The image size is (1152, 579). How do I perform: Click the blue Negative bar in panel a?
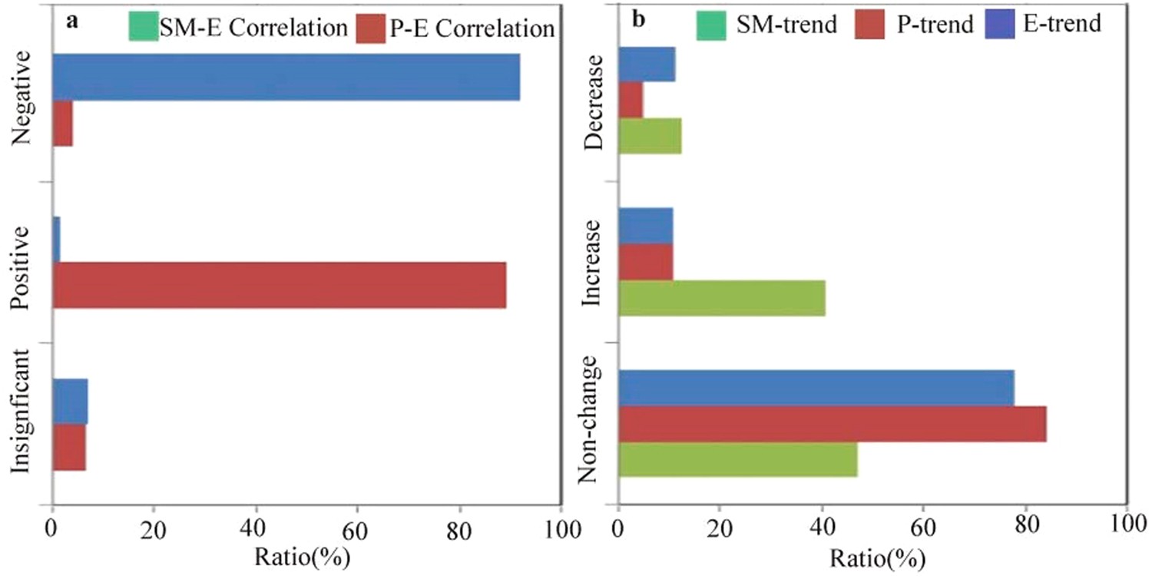(286, 77)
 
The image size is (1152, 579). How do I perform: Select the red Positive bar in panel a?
(279, 285)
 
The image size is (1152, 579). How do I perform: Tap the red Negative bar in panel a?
(62, 123)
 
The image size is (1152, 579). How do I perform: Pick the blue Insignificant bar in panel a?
(69, 401)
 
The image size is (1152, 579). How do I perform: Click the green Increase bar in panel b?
(721, 298)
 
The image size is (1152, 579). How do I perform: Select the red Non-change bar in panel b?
(832, 424)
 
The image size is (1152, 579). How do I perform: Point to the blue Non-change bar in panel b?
(816, 388)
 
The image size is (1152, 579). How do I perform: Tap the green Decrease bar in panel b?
(650, 136)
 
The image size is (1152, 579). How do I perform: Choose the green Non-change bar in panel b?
(737, 459)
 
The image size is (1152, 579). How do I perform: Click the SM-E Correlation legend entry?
(238, 28)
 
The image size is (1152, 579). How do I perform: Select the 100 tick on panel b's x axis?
(1126, 529)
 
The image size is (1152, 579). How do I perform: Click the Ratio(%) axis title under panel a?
(307, 555)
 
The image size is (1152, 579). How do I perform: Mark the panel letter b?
(638, 21)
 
